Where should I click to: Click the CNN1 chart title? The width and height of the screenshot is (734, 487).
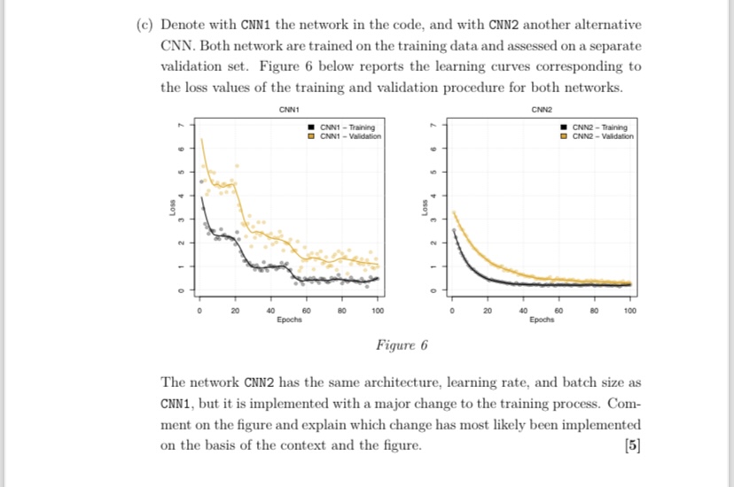(287, 110)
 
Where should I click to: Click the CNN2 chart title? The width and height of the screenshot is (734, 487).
(542, 110)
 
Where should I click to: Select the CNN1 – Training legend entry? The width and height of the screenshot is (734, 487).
(347, 128)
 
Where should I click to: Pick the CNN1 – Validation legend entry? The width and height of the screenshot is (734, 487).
(349, 135)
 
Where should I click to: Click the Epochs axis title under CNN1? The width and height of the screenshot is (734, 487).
(289, 320)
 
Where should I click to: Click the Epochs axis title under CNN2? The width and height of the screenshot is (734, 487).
(542, 320)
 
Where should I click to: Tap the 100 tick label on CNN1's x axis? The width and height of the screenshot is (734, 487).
(378, 312)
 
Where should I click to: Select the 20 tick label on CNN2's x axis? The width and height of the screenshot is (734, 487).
(488, 312)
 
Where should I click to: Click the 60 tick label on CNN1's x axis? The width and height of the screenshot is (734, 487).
(307, 312)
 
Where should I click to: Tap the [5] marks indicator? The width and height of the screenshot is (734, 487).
(632, 444)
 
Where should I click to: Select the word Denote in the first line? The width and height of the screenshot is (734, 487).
(184, 24)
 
